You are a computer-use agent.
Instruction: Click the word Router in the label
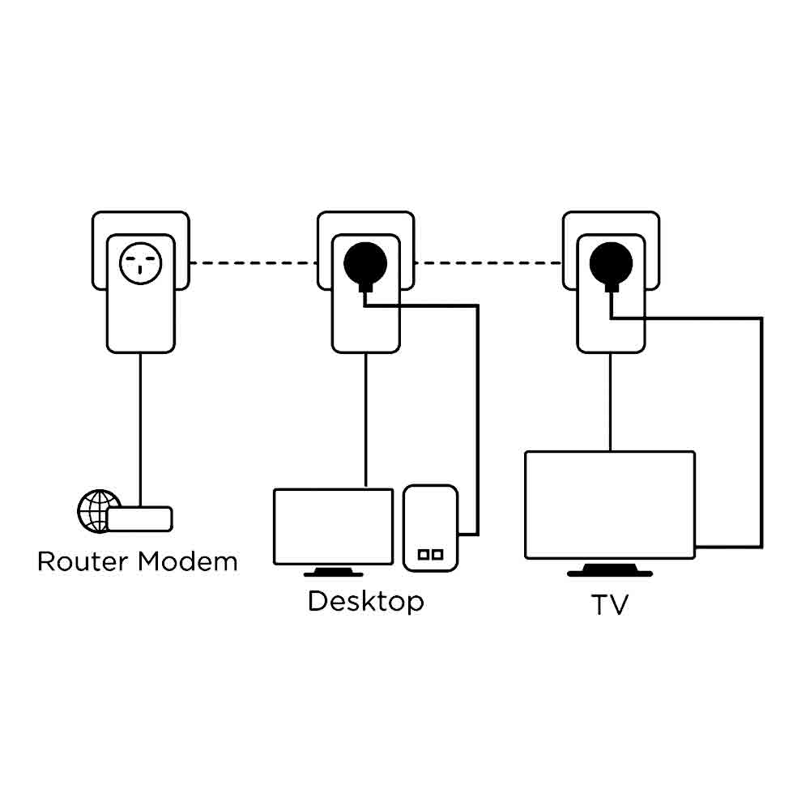pyautogui.click(x=83, y=561)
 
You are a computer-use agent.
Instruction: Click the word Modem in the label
pyautogui.click(x=188, y=561)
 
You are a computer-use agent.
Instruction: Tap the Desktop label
pyautogui.click(x=366, y=602)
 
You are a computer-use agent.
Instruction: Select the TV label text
pyautogui.click(x=610, y=604)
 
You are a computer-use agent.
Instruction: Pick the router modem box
pyautogui.click(x=139, y=518)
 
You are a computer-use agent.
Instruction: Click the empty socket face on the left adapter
pyautogui.click(x=140, y=263)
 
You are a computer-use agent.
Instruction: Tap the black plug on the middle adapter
pyautogui.click(x=365, y=266)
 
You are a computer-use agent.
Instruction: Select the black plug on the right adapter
pyautogui.click(x=611, y=266)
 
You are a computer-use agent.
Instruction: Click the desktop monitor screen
pyautogui.click(x=333, y=526)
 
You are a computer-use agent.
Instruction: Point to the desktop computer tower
pyautogui.click(x=430, y=528)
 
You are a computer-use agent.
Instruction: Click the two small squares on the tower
pyautogui.click(x=430, y=554)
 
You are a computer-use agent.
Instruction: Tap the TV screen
pyautogui.click(x=610, y=505)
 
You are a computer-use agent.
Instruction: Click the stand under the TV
pyautogui.click(x=610, y=569)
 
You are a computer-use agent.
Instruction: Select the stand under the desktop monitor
pyautogui.click(x=333, y=572)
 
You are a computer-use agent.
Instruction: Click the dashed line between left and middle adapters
pyautogui.click(x=253, y=263)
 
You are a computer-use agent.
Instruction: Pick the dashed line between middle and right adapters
pyautogui.click(x=488, y=263)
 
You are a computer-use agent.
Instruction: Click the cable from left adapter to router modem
pyautogui.click(x=140, y=430)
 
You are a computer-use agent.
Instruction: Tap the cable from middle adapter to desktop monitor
pyautogui.click(x=366, y=420)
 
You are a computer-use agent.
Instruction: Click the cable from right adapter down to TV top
pyautogui.click(x=610, y=403)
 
